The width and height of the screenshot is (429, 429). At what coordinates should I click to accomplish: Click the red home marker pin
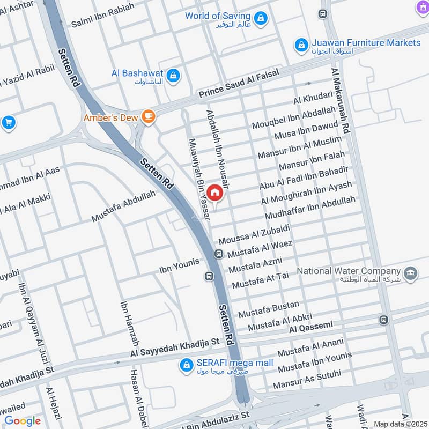click(214, 192)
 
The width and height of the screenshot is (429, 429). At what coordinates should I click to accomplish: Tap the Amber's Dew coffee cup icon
click(148, 116)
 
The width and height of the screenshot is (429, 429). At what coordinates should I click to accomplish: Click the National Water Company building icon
click(411, 273)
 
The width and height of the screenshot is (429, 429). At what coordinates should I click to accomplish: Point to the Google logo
click(23, 421)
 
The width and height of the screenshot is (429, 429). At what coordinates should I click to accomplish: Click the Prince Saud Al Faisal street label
click(239, 84)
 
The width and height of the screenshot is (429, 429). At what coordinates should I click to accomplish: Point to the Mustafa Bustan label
click(269, 308)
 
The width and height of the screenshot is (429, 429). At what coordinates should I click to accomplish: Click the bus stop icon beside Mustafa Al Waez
click(219, 254)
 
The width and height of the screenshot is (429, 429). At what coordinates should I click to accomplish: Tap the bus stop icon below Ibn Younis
click(208, 277)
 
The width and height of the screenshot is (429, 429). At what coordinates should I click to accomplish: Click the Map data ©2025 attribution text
click(400, 424)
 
